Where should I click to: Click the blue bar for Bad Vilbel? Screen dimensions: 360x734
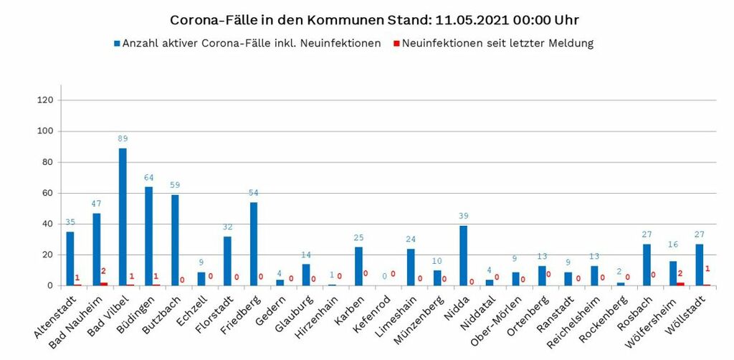[123, 217]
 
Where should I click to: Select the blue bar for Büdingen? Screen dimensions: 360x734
[148, 236]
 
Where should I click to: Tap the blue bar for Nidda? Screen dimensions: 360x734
[463, 255]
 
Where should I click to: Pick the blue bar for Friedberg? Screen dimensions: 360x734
[254, 244]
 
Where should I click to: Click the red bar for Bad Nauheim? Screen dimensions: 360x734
[105, 284]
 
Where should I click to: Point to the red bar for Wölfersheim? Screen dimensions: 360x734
[681, 284]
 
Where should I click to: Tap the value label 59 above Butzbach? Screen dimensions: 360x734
[175, 185]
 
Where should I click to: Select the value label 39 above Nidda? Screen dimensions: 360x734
[463, 216]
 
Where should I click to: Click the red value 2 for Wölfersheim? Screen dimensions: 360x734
[681, 273]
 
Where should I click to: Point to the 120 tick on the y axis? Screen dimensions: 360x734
[45, 100]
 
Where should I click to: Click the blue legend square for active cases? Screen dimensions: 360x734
[117, 44]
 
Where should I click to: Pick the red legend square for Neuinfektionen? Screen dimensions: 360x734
[396, 44]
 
